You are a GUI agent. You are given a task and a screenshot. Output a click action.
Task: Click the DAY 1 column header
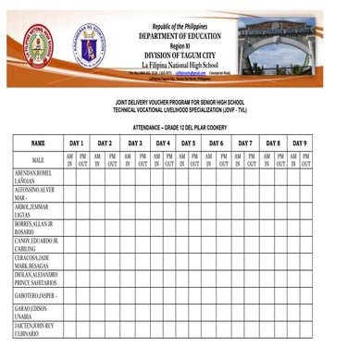[x=76, y=143]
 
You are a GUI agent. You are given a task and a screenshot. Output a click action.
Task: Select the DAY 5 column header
[x=188, y=143]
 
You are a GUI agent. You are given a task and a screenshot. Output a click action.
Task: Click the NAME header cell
[x=37, y=143]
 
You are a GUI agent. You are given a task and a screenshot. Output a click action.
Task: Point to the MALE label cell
[x=37, y=161]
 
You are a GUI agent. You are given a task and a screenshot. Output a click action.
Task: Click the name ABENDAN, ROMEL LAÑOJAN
[x=33, y=177]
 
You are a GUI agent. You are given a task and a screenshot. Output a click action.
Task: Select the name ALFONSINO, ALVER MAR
[x=35, y=193]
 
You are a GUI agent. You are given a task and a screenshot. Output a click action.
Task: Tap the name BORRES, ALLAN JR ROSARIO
[x=34, y=228]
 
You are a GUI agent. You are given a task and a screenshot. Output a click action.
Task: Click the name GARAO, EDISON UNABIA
[x=34, y=312]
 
